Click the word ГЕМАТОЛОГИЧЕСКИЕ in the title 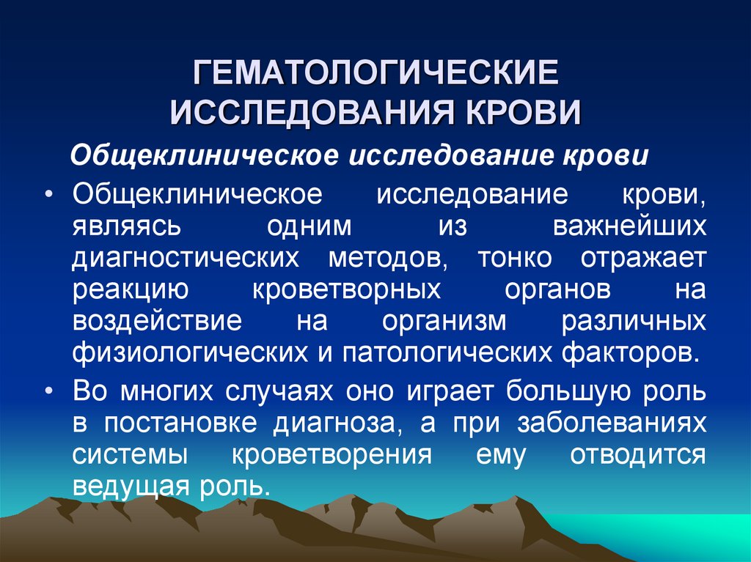pos(375,74)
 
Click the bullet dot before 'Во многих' pos(48,392)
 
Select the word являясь pos(126,227)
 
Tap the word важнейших pos(629,227)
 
